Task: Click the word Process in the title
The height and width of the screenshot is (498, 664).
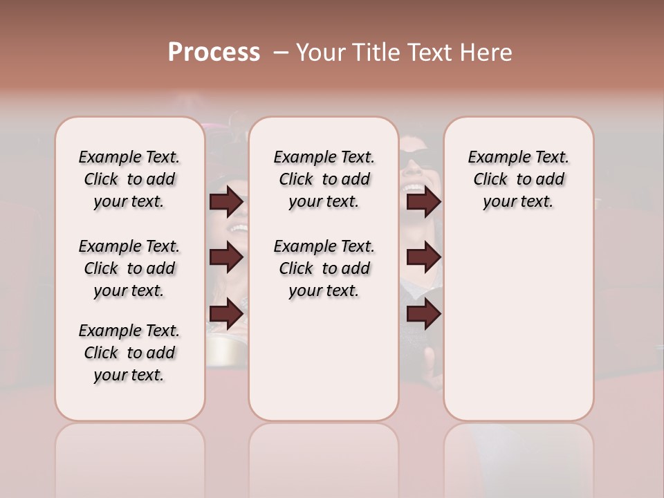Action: click(214, 53)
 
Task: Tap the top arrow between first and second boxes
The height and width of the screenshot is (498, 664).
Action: click(226, 202)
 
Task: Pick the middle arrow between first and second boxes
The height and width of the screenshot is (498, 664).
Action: click(226, 257)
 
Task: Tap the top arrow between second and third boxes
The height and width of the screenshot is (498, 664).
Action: click(423, 202)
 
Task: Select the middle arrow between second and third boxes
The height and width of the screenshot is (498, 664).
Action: click(423, 257)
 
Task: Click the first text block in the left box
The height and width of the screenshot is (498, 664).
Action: click(129, 179)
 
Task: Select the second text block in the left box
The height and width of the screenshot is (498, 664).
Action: click(129, 268)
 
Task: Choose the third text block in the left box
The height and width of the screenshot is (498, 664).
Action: click(129, 353)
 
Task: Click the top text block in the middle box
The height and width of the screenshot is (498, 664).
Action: click(324, 179)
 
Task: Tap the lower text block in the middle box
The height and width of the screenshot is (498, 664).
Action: click(324, 268)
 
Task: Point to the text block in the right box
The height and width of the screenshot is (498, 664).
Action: click(518, 179)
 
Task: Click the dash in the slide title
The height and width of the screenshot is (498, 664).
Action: click(281, 53)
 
